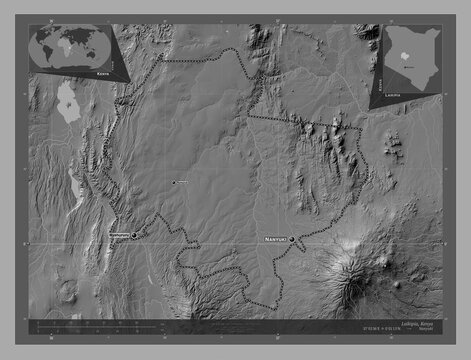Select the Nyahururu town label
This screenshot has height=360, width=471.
click(115, 236)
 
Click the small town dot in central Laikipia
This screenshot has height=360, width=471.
click(173, 182)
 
